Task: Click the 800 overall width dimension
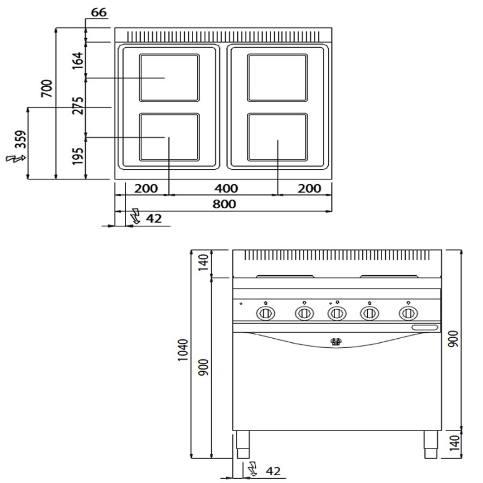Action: point(224,204)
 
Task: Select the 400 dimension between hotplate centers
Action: point(226,188)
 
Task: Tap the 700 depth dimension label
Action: point(47,89)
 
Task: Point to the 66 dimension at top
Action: point(99,12)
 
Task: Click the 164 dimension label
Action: point(78,61)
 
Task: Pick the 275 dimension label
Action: point(78,106)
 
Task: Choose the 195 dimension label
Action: point(78,156)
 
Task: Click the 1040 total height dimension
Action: point(183,350)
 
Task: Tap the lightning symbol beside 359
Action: point(16,158)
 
